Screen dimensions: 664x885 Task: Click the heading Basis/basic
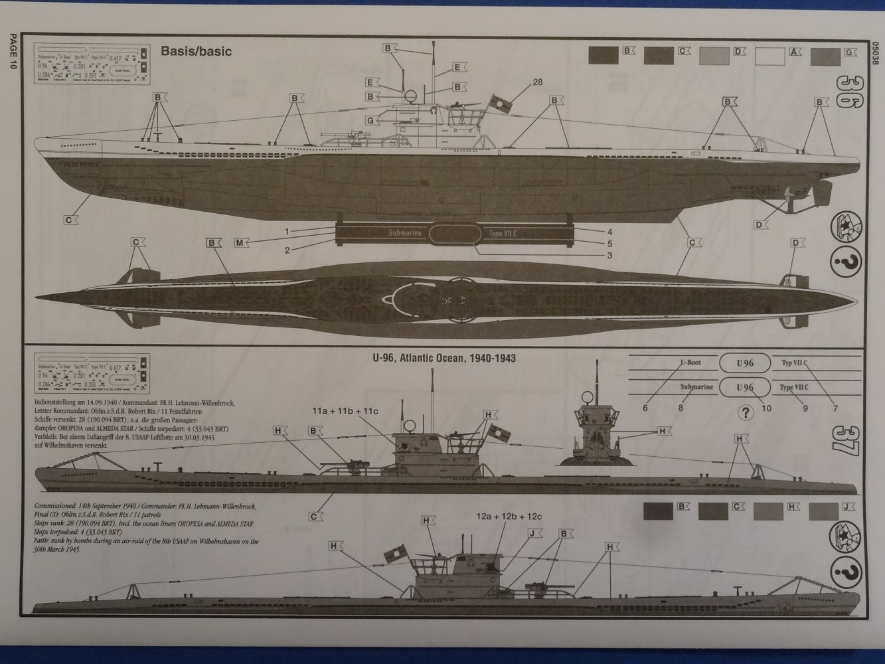(197, 51)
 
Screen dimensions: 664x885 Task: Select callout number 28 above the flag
(536, 83)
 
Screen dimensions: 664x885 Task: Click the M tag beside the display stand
(242, 242)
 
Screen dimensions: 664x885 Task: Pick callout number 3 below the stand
(609, 255)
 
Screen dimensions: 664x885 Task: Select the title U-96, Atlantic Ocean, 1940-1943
(445, 359)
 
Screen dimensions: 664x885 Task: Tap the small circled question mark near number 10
(747, 412)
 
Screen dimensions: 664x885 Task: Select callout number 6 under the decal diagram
(645, 408)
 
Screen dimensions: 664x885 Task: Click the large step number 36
(848, 96)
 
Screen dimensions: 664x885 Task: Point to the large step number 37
(848, 441)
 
